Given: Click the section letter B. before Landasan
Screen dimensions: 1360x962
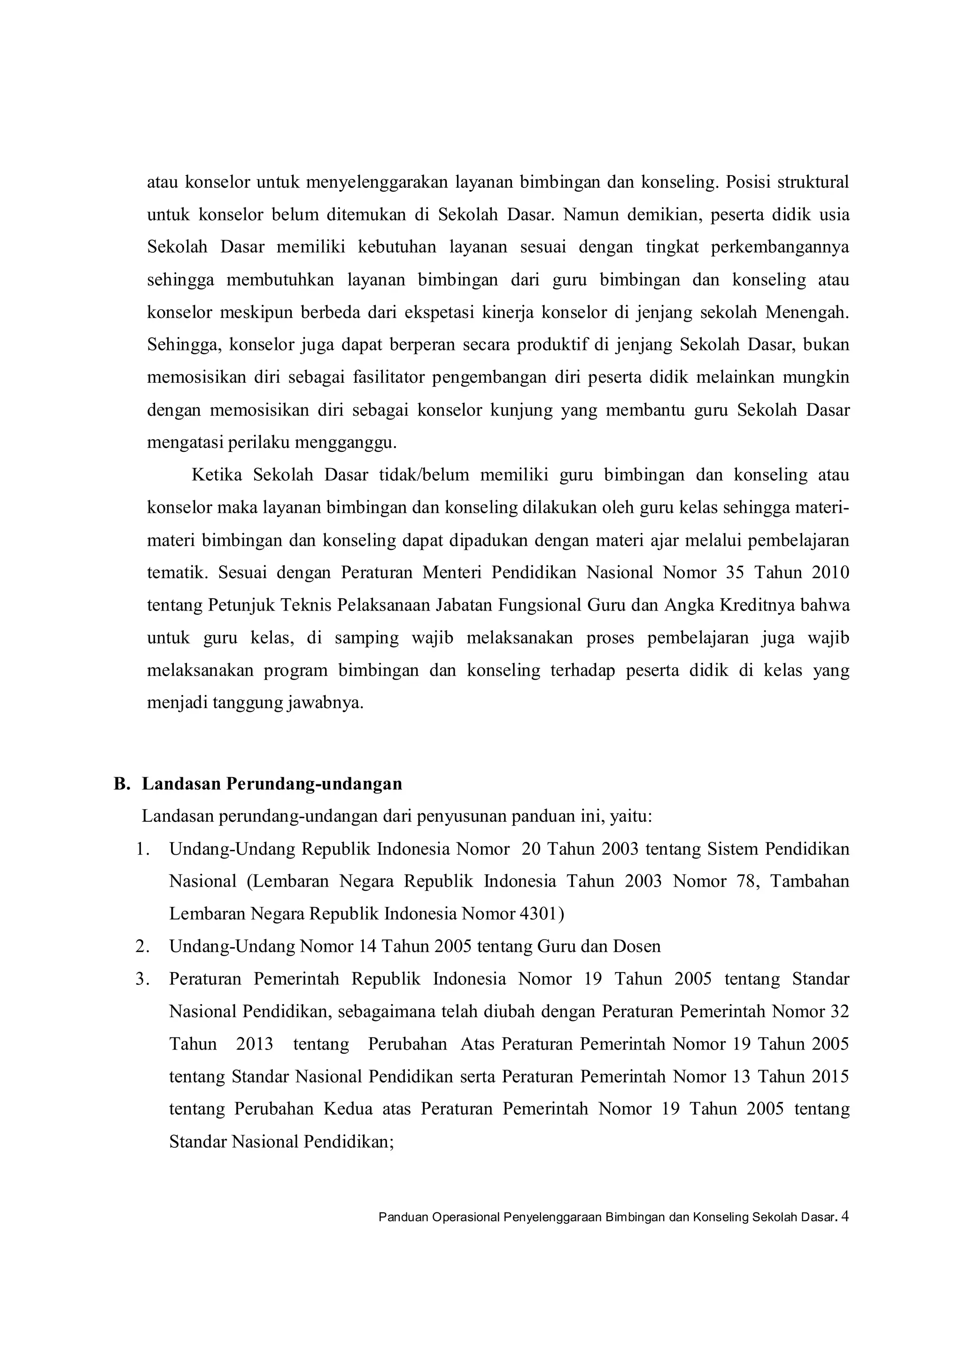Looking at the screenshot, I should tap(122, 784).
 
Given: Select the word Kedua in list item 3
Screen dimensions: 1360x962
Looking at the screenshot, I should tap(348, 1109).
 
